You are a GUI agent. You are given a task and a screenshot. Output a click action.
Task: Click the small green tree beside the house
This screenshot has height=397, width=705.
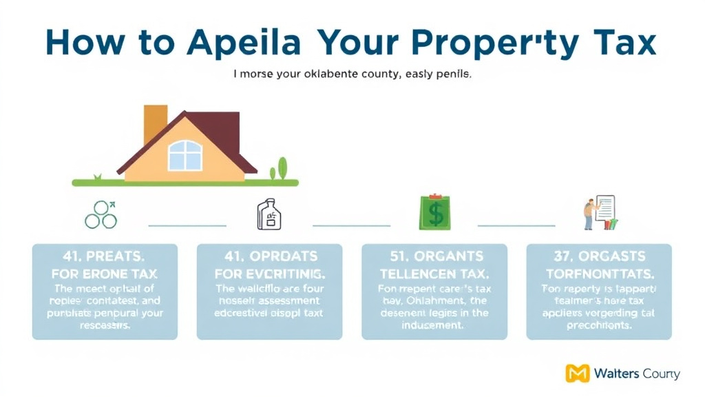click(281, 169)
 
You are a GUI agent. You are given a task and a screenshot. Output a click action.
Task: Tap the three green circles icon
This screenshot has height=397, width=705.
click(101, 214)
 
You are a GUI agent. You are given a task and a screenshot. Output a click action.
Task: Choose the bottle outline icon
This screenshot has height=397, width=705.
click(269, 214)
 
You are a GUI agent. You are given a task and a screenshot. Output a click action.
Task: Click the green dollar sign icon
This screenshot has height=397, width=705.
click(435, 213)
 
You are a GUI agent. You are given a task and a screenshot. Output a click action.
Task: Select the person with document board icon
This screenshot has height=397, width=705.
click(598, 213)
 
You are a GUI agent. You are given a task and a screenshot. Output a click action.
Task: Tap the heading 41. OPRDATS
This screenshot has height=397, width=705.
click(269, 256)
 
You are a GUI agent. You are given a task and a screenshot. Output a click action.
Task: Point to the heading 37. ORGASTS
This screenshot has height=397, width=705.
click(598, 256)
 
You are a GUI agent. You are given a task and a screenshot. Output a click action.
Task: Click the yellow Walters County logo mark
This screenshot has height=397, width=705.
click(577, 374)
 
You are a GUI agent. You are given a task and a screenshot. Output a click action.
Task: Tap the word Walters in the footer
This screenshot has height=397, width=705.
click(617, 374)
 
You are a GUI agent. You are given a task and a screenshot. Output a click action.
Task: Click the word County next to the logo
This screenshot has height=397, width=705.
click(661, 374)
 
